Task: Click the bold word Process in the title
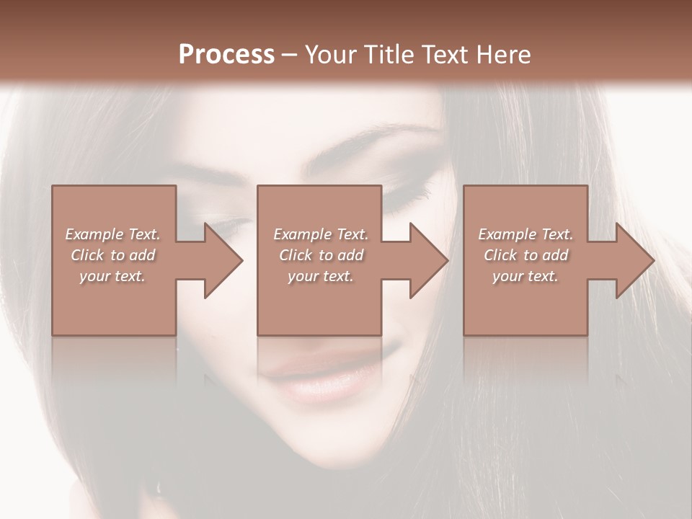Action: point(226,54)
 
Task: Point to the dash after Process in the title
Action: point(289,55)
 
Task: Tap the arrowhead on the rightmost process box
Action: point(634,260)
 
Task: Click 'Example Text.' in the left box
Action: point(112,234)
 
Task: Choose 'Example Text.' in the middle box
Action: point(321,234)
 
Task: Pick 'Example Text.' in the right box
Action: point(525,234)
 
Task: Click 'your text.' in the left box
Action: point(112,276)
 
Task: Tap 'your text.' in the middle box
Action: point(321,276)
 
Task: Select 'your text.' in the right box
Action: point(525,276)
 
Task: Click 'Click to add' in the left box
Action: point(112,255)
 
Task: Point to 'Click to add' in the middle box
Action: point(321,255)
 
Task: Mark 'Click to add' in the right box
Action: point(525,255)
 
